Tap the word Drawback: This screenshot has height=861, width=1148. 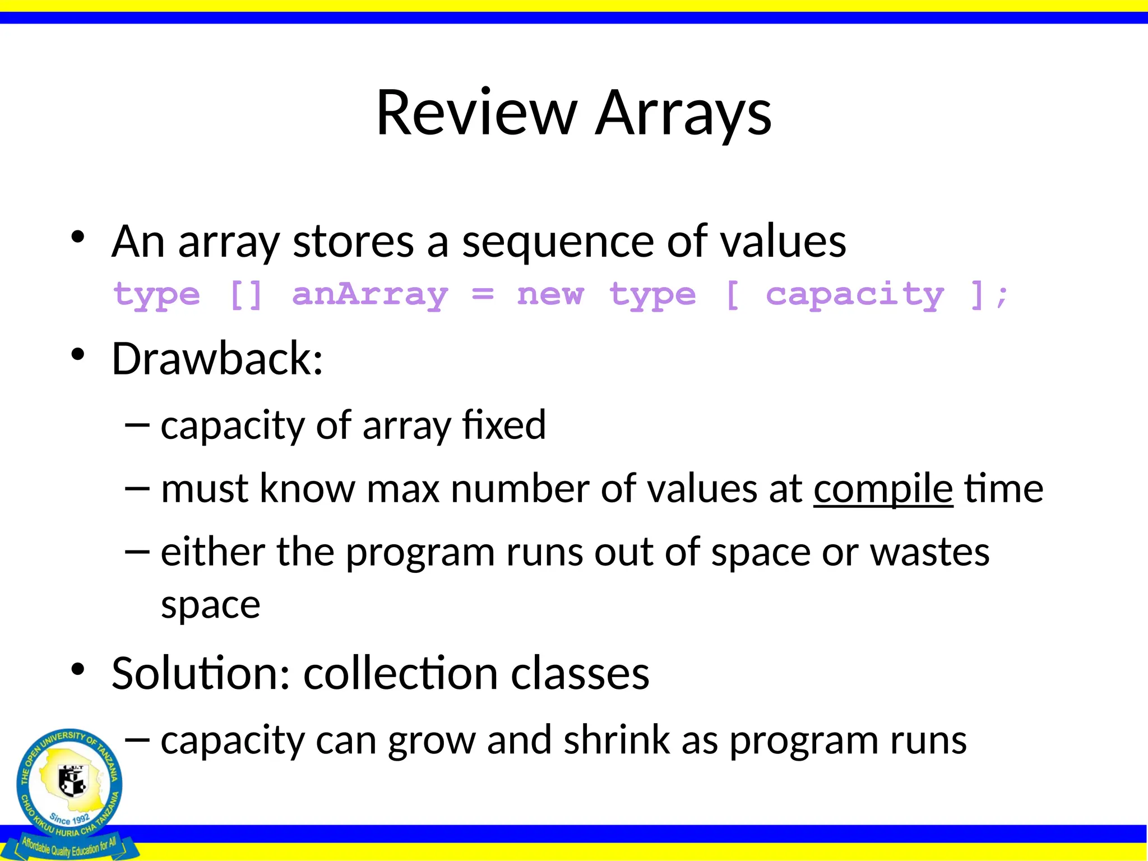tap(217, 359)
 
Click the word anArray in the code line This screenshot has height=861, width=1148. tap(370, 294)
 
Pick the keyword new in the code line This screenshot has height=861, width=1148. tap(550, 294)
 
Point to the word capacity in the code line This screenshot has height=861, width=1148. tap(855, 294)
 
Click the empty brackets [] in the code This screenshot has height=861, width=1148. tap(246, 294)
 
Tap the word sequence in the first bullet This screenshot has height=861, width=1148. tap(558, 242)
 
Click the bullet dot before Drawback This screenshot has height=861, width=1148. tap(78, 354)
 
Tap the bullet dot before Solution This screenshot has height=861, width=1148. tap(78, 669)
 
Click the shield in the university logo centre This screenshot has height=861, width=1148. tap(72, 780)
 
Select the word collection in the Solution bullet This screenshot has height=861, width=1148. tap(401, 673)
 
